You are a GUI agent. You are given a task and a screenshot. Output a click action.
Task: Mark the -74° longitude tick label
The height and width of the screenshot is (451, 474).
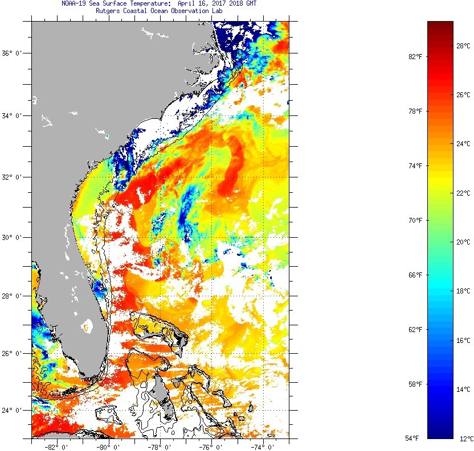264,445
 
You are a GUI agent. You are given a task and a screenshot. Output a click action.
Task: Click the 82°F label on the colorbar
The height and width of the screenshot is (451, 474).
414,57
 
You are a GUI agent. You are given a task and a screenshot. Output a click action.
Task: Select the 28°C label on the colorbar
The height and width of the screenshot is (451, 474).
463,45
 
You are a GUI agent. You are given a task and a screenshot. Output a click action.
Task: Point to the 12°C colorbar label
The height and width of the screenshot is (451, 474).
466,438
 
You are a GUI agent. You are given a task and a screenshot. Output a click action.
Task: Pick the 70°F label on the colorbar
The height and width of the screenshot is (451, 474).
414,221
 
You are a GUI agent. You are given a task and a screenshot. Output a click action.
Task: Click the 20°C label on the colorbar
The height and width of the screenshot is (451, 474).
463,242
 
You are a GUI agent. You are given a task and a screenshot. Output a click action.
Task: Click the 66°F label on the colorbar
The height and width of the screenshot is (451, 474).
414,275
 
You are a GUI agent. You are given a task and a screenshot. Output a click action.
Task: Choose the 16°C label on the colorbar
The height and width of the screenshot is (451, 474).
463,341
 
